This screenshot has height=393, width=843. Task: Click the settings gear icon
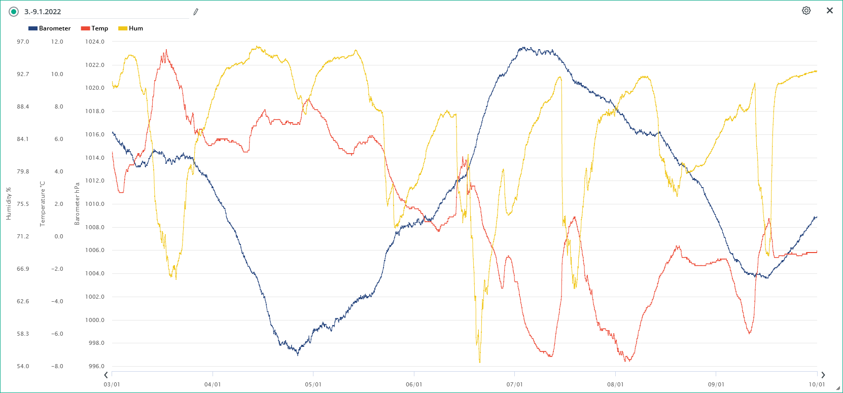pos(806,11)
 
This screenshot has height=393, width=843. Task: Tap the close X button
pos(830,11)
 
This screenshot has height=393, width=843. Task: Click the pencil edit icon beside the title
pos(196,12)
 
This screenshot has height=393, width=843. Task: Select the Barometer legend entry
pos(50,28)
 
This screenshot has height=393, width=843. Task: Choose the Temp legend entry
pos(95,28)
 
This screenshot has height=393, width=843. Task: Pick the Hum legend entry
pos(131,28)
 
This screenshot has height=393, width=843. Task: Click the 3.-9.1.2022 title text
pos(43,12)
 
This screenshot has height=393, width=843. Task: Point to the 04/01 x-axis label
pos(213,384)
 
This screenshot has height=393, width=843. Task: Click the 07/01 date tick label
pos(514,384)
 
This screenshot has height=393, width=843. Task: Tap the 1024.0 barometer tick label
pos(95,42)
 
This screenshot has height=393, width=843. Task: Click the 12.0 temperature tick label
pos(57,42)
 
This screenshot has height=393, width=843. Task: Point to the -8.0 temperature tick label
pos(57,366)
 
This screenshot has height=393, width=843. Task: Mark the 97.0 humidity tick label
pos(23,42)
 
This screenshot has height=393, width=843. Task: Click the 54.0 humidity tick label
pos(23,366)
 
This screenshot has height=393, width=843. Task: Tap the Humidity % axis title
pos(9,203)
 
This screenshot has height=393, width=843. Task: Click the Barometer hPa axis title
pos(77,203)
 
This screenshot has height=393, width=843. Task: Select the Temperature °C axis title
pos(43,203)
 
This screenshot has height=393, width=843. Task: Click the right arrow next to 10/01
pos(823,375)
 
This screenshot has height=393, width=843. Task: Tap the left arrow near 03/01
pos(106,375)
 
